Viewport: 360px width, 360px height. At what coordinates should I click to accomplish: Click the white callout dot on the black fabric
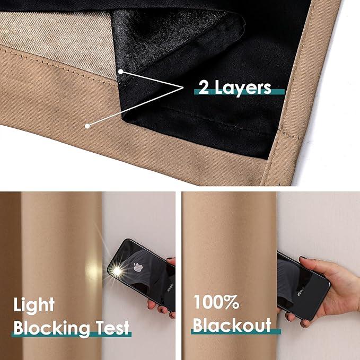[x=121, y=71]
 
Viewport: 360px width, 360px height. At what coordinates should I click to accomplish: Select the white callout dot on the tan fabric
[x=87, y=125]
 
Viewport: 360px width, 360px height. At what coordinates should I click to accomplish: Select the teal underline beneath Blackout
[x=236, y=331]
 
